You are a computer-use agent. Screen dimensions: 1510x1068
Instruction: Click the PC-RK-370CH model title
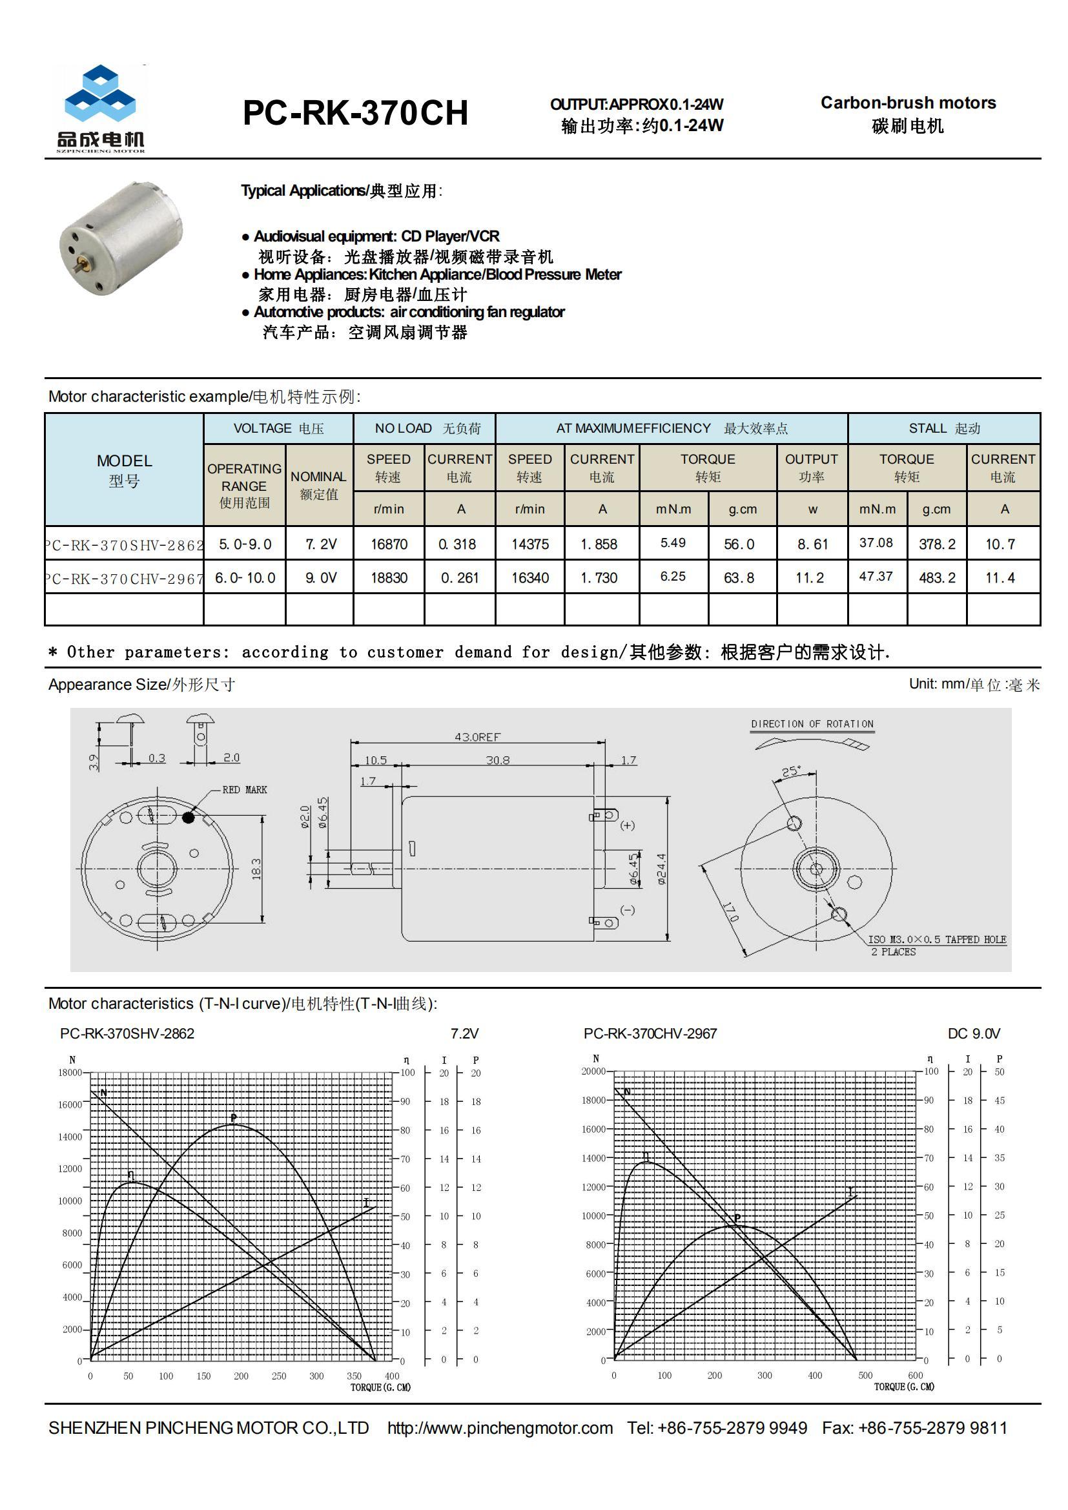click(355, 113)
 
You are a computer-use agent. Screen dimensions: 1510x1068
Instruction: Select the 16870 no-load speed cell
click(389, 544)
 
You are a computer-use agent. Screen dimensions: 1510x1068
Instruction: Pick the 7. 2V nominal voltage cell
click(320, 544)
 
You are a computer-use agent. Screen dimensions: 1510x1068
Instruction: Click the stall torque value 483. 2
click(937, 577)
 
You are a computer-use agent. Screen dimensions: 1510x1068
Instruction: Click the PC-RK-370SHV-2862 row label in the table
click(124, 544)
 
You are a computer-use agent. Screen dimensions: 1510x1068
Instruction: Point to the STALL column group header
click(944, 428)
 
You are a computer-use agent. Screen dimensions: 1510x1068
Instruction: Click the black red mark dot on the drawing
click(188, 818)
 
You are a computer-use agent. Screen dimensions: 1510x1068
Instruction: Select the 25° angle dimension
click(790, 771)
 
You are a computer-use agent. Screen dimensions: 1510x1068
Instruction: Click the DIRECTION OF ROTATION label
click(812, 723)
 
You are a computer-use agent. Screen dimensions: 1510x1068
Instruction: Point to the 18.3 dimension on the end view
click(256, 868)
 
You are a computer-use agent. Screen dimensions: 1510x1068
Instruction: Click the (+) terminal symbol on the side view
click(628, 825)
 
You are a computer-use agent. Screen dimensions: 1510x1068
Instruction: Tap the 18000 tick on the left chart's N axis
click(70, 1072)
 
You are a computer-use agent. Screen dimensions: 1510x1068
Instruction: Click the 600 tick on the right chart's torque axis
click(915, 1374)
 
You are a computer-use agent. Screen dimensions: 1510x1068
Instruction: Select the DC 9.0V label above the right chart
click(973, 1033)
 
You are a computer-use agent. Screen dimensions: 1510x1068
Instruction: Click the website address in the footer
click(500, 1428)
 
